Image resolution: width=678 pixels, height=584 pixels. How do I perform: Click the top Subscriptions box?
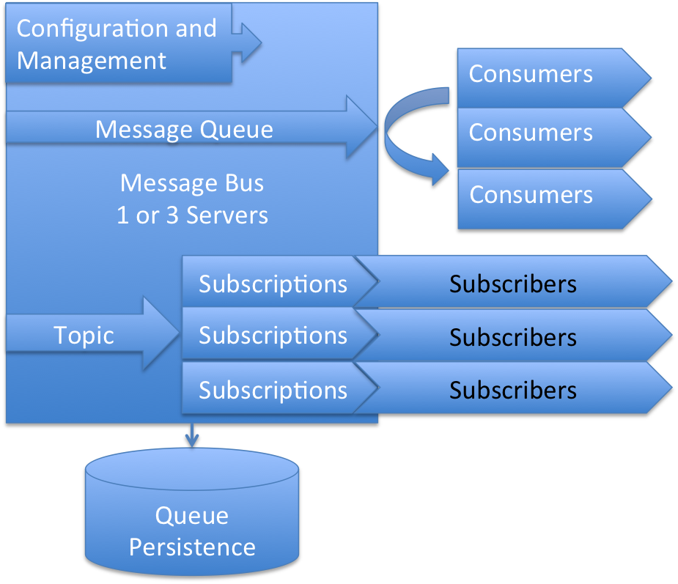point(273,284)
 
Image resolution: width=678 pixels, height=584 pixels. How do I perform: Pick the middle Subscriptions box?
point(273,336)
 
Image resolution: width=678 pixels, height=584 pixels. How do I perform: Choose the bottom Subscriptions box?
point(273,390)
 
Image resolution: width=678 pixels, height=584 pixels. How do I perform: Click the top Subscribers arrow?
point(513,284)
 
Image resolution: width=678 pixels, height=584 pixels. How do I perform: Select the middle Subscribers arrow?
point(513,337)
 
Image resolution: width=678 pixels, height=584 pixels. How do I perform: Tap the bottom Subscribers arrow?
point(513,390)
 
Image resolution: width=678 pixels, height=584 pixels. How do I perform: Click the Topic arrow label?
point(84,336)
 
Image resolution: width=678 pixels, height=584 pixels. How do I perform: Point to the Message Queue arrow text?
point(184,130)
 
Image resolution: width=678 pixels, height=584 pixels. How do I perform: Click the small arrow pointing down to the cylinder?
point(192,437)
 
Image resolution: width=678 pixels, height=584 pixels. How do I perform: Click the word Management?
point(92,60)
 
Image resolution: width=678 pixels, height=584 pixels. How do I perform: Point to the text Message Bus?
point(192,182)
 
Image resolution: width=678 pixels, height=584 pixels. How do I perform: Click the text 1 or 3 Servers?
point(192,215)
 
